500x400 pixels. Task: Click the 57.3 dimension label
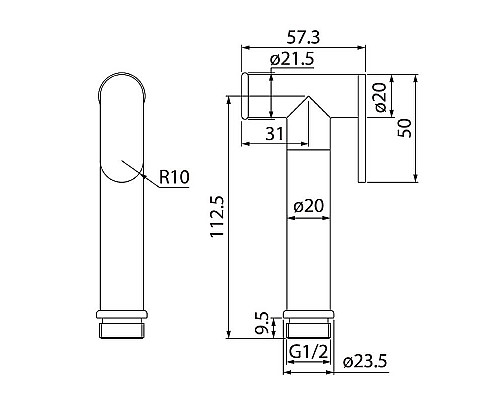303,37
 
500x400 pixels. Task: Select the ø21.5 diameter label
292,59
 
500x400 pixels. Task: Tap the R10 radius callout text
174,177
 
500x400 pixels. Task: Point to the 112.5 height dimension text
217,216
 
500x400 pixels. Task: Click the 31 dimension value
275,134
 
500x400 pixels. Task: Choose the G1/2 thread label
308,352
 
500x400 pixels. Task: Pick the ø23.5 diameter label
365,361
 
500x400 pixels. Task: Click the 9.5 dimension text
261,323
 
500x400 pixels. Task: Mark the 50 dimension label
405,128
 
